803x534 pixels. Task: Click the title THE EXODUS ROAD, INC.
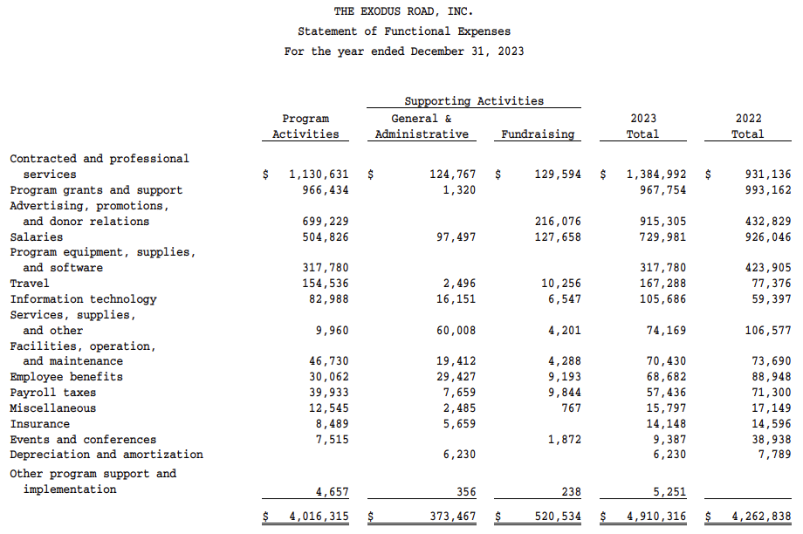(x=404, y=11)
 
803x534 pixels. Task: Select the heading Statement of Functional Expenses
(x=404, y=31)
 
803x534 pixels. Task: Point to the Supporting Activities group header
(x=474, y=101)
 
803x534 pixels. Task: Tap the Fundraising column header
(x=538, y=134)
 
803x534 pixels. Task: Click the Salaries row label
(x=37, y=236)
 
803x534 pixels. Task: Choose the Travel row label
(x=30, y=284)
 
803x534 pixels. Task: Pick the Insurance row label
(x=40, y=424)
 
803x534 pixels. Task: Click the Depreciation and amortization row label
(x=106, y=455)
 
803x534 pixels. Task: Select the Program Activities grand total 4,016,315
(x=319, y=517)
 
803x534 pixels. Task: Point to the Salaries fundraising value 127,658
(x=558, y=236)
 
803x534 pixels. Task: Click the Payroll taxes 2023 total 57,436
(x=662, y=393)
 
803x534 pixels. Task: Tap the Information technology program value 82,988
(x=326, y=299)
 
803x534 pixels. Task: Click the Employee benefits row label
(x=66, y=377)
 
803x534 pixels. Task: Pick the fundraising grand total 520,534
(x=558, y=517)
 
